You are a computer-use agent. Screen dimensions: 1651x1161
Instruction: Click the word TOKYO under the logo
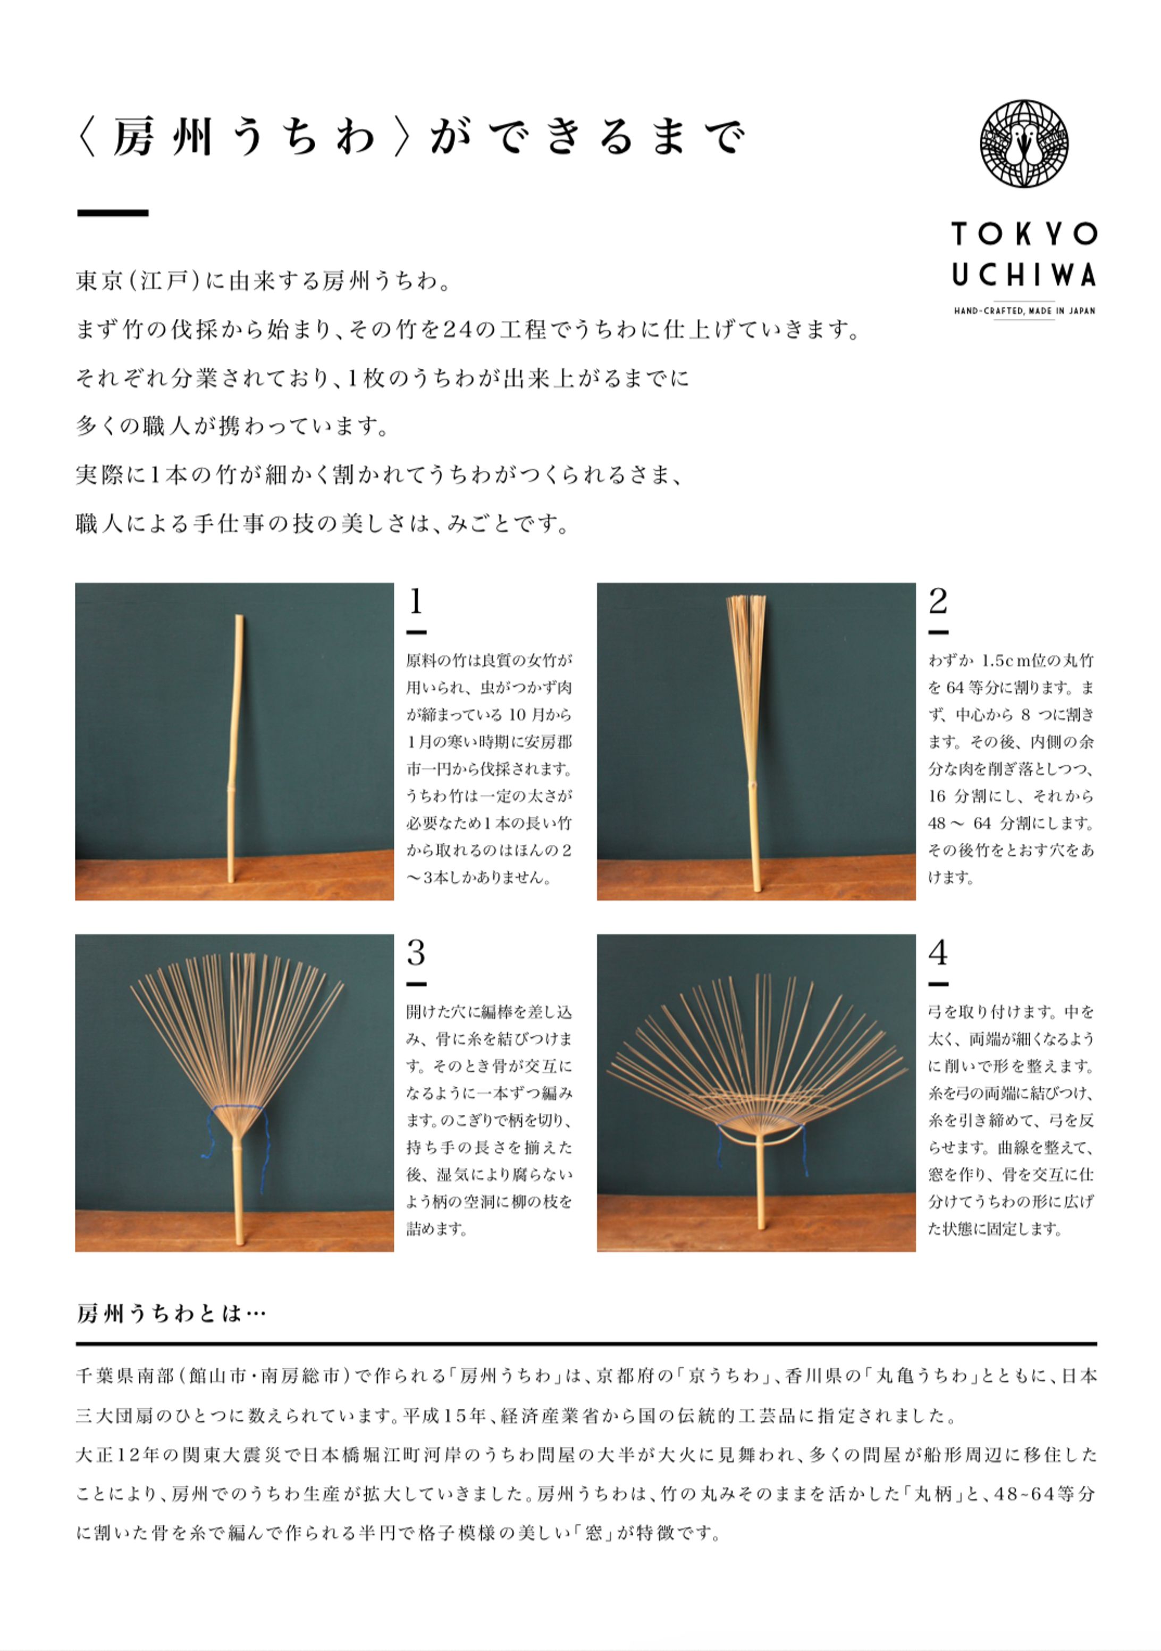tap(1024, 234)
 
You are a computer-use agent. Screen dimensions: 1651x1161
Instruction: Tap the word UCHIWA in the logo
tap(1024, 275)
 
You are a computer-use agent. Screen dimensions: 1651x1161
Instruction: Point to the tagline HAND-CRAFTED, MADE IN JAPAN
tap(1024, 311)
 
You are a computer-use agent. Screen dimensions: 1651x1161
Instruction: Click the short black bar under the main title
tap(112, 213)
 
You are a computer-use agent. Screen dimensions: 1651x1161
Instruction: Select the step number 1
tap(415, 601)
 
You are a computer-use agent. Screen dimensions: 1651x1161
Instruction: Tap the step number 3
tap(416, 953)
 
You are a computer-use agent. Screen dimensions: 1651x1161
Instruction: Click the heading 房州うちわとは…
tap(171, 1314)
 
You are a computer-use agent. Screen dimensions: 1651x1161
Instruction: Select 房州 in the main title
tap(163, 137)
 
